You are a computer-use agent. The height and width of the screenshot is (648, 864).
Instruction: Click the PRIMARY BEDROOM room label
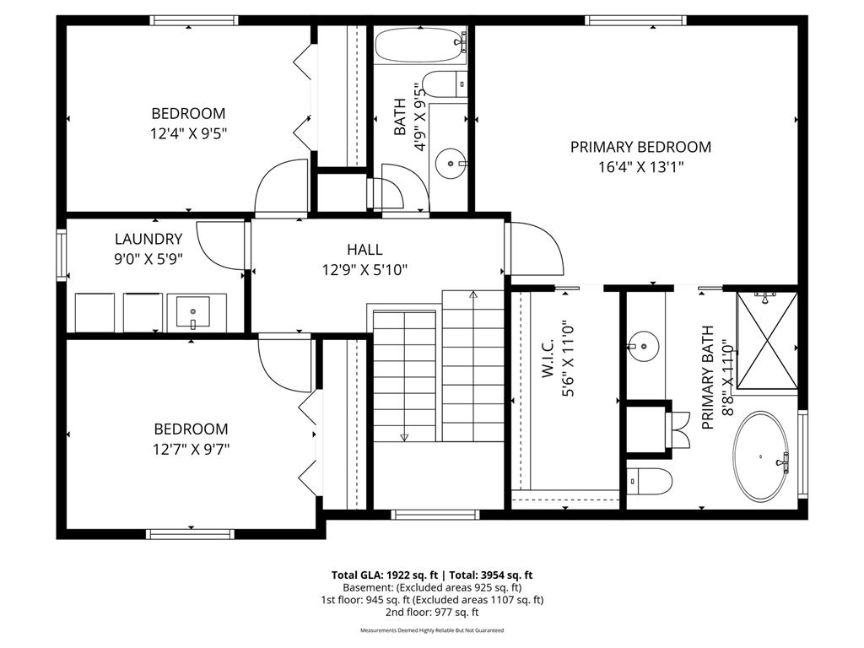click(640, 147)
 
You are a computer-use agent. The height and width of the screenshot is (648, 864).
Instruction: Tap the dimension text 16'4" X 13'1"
click(640, 167)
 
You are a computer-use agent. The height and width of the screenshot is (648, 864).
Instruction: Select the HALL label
click(364, 250)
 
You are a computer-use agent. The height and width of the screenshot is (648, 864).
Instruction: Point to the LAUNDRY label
click(148, 239)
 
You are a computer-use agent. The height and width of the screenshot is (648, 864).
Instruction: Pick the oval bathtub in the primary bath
click(762, 456)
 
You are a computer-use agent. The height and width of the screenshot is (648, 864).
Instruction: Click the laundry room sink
click(195, 312)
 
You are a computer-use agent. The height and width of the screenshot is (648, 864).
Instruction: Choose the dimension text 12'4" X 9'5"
click(188, 133)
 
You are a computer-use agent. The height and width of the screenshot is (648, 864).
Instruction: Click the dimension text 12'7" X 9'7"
click(190, 449)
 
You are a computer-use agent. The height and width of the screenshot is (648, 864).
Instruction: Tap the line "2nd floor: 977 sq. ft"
click(432, 613)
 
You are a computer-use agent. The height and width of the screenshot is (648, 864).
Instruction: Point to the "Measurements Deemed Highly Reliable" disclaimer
click(432, 630)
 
